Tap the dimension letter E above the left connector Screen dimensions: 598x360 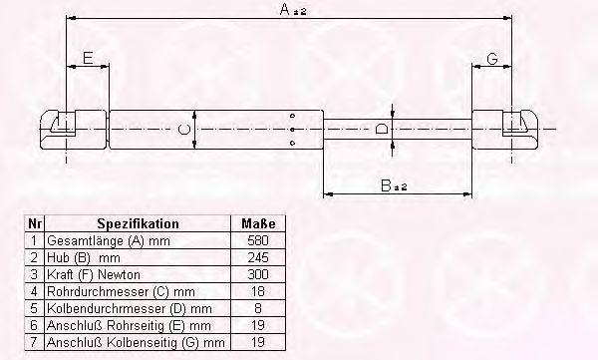pos(88,58)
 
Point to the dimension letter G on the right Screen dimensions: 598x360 pos(492,59)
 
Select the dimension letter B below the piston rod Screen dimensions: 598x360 pos(386,185)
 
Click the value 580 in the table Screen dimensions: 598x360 pos(258,240)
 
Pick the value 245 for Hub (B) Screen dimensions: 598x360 pos(258,257)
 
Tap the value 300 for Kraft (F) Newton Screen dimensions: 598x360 pos(258,274)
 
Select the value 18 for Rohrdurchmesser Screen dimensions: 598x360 pos(258,291)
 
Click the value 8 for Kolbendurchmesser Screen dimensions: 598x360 pos(258,308)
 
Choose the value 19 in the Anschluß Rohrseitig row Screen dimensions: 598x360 pos(258,325)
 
